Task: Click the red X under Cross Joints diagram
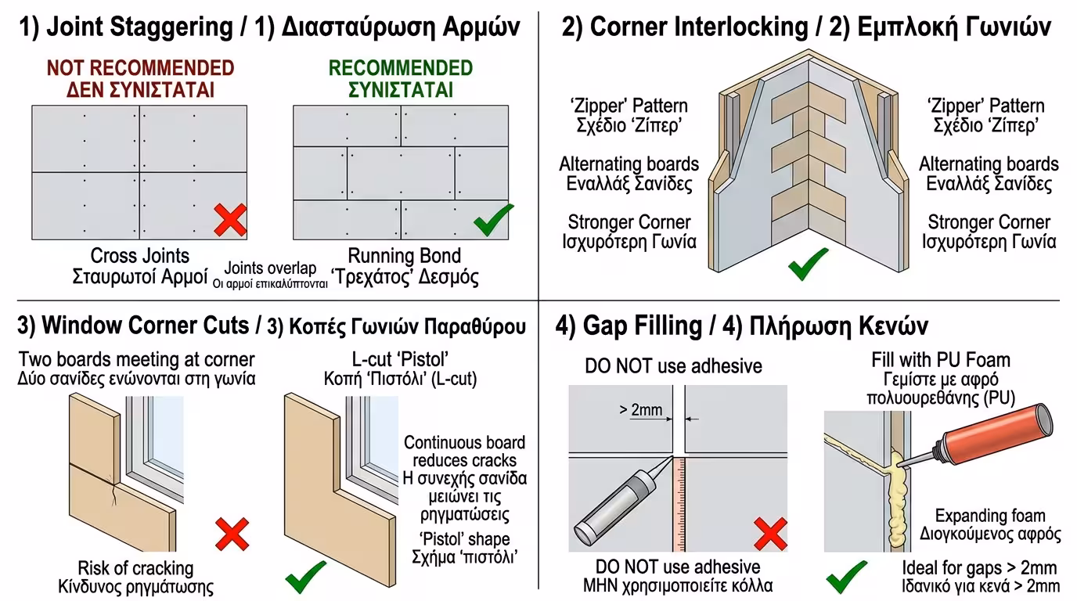click(230, 220)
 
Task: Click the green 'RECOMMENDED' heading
click(400, 67)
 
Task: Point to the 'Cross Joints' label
click(140, 256)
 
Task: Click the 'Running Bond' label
click(404, 256)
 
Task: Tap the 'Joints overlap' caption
click(270, 268)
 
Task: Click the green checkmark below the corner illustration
click(808, 264)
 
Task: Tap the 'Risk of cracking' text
click(135, 568)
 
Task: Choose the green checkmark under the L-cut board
click(305, 577)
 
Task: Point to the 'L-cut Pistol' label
click(400, 360)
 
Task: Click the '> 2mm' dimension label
click(640, 409)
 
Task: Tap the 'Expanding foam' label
click(990, 516)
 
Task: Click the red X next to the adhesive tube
click(770, 535)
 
